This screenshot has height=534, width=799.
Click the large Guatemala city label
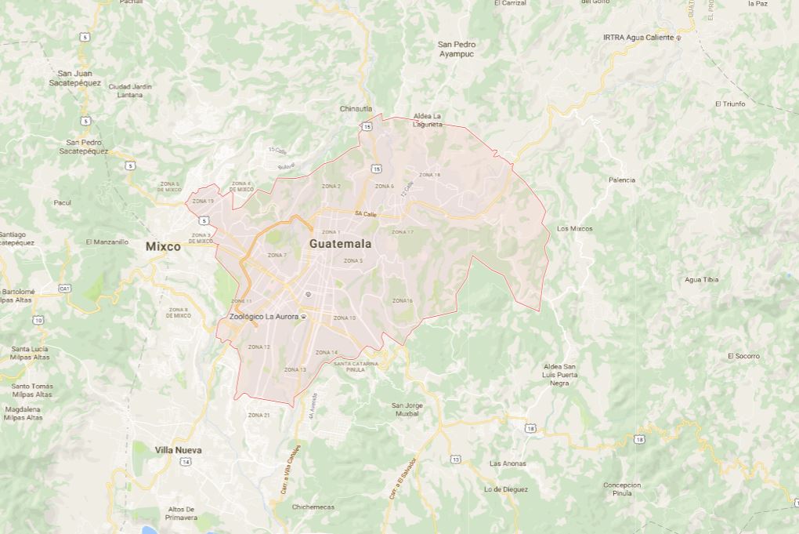click(x=340, y=244)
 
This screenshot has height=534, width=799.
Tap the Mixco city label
click(x=163, y=246)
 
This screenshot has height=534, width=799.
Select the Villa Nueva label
click(x=178, y=450)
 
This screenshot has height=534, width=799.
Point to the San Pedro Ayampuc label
click(x=457, y=49)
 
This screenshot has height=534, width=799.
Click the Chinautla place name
click(x=356, y=108)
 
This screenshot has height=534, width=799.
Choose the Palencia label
click(x=622, y=180)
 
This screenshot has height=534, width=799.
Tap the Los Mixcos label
click(x=574, y=228)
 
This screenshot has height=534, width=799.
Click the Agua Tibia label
click(x=701, y=279)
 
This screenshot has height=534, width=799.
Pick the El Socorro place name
click(x=743, y=356)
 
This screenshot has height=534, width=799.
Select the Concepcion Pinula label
click(x=622, y=489)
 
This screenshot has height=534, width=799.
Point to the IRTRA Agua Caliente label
click(x=638, y=37)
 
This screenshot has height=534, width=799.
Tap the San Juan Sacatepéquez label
click(x=75, y=77)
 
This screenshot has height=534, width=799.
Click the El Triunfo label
click(x=730, y=104)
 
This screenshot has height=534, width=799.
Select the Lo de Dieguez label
click(x=506, y=489)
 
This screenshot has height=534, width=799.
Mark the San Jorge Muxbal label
click(x=407, y=409)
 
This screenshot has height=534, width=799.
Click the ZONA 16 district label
click(x=403, y=300)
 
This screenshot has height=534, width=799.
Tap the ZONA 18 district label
click(x=429, y=174)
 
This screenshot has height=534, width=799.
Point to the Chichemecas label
click(x=313, y=507)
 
